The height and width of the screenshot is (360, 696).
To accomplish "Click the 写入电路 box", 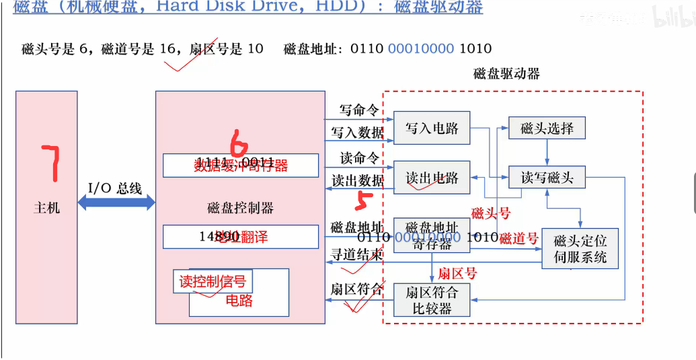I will coord(432,128).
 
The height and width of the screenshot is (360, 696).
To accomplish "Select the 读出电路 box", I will coord(432,178).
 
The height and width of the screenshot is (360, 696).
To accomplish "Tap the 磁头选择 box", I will coord(547,128).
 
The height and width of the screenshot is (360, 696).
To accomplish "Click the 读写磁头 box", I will coord(547,178).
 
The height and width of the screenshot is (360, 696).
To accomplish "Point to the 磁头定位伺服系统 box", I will coord(580,248).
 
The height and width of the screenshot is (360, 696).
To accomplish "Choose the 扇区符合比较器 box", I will coord(432,300).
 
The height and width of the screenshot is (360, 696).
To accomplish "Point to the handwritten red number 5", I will coord(364,201).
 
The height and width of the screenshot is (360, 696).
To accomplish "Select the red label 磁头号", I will coord(490,214).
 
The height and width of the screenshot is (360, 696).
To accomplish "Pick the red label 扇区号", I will coord(457,273).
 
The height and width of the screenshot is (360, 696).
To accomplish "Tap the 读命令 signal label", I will coord(358,158).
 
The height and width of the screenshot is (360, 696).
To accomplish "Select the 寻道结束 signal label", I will coord(357,254).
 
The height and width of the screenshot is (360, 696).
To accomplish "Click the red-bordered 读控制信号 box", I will coord(212,282).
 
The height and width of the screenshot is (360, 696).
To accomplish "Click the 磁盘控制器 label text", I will coord(240,207).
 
